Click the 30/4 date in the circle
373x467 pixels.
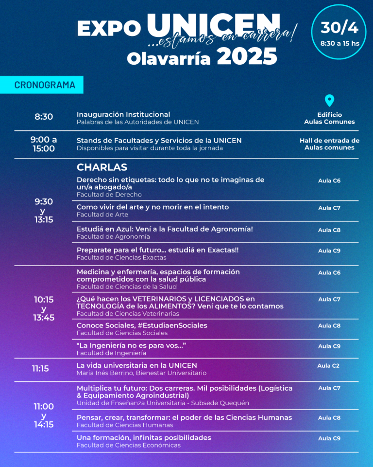[x=339, y=28]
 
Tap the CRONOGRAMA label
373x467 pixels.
[x=45, y=85]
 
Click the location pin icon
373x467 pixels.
[x=329, y=101]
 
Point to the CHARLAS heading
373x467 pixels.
[x=102, y=167]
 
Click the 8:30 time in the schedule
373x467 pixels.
[x=44, y=117]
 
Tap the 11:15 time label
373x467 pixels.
[x=40, y=369]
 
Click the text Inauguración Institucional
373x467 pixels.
[x=123, y=114]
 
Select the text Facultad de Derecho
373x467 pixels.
[x=109, y=195]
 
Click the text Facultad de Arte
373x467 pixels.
[x=102, y=215]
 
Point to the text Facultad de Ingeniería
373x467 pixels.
[x=111, y=353]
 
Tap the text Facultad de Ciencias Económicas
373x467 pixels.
[x=129, y=445]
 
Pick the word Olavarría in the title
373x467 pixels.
[x=169, y=59]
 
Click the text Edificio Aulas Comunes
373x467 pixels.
[x=329, y=118]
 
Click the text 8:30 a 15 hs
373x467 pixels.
[x=339, y=43]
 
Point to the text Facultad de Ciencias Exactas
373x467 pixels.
[x=121, y=257]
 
